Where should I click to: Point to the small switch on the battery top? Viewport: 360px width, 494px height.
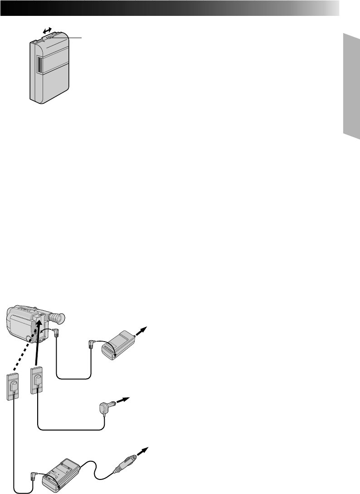[50, 39]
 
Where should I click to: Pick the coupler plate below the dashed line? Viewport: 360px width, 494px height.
[13, 385]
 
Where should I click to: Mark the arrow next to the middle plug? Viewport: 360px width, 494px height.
[122, 400]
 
